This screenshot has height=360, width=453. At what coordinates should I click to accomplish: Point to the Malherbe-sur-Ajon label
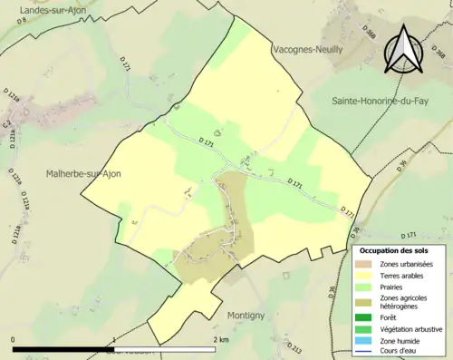[x=83, y=173]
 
